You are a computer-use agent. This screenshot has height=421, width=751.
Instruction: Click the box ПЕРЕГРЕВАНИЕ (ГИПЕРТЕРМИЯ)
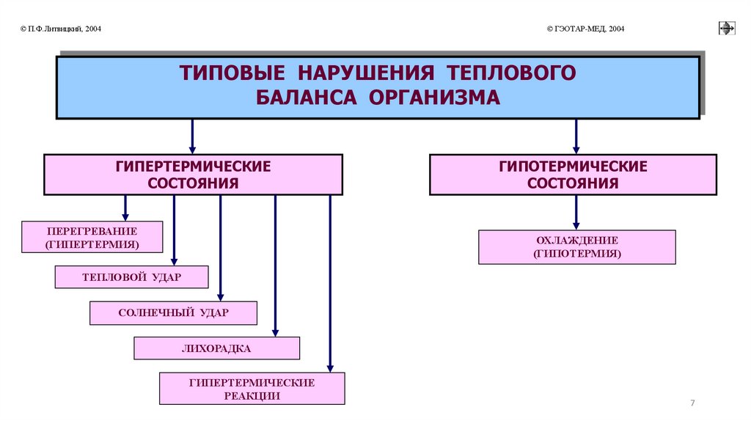[x=92, y=236]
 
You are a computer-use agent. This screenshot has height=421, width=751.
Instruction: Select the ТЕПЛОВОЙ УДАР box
[x=131, y=277]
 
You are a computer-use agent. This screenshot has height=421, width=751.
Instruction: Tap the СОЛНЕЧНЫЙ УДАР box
[x=173, y=313]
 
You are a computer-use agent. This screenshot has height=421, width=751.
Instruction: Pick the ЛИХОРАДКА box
[x=216, y=348]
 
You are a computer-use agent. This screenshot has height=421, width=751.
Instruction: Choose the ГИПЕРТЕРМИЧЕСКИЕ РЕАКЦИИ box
[x=252, y=389]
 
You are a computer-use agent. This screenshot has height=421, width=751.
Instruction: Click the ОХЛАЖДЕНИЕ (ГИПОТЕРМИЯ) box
[x=576, y=247]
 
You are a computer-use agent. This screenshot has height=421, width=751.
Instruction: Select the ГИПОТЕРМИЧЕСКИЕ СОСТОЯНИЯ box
[x=573, y=175]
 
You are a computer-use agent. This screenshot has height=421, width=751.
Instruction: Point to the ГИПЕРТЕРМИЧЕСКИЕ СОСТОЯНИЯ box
[x=193, y=175]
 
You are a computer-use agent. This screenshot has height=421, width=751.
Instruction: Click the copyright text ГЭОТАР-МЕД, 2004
[x=586, y=29]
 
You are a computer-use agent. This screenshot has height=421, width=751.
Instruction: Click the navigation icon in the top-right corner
[x=726, y=29]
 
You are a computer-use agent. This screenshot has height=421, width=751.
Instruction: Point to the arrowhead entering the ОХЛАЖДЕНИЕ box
[x=576, y=225]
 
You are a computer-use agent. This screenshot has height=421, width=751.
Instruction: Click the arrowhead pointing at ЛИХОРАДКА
[x=275, y=332]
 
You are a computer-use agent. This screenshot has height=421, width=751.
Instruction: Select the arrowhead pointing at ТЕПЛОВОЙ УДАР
[x=174, y=260]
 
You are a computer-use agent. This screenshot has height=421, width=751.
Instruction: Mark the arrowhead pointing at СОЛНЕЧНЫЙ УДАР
[x=221, y=296]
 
